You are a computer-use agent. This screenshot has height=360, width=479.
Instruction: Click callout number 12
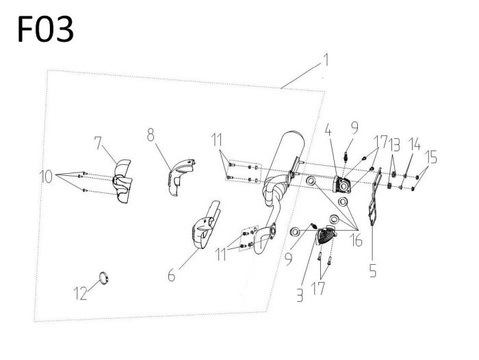point(81,295)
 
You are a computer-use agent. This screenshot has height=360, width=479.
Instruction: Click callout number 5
point(372,270)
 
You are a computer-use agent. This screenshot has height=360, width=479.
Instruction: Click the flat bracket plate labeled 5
point(373,202)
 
